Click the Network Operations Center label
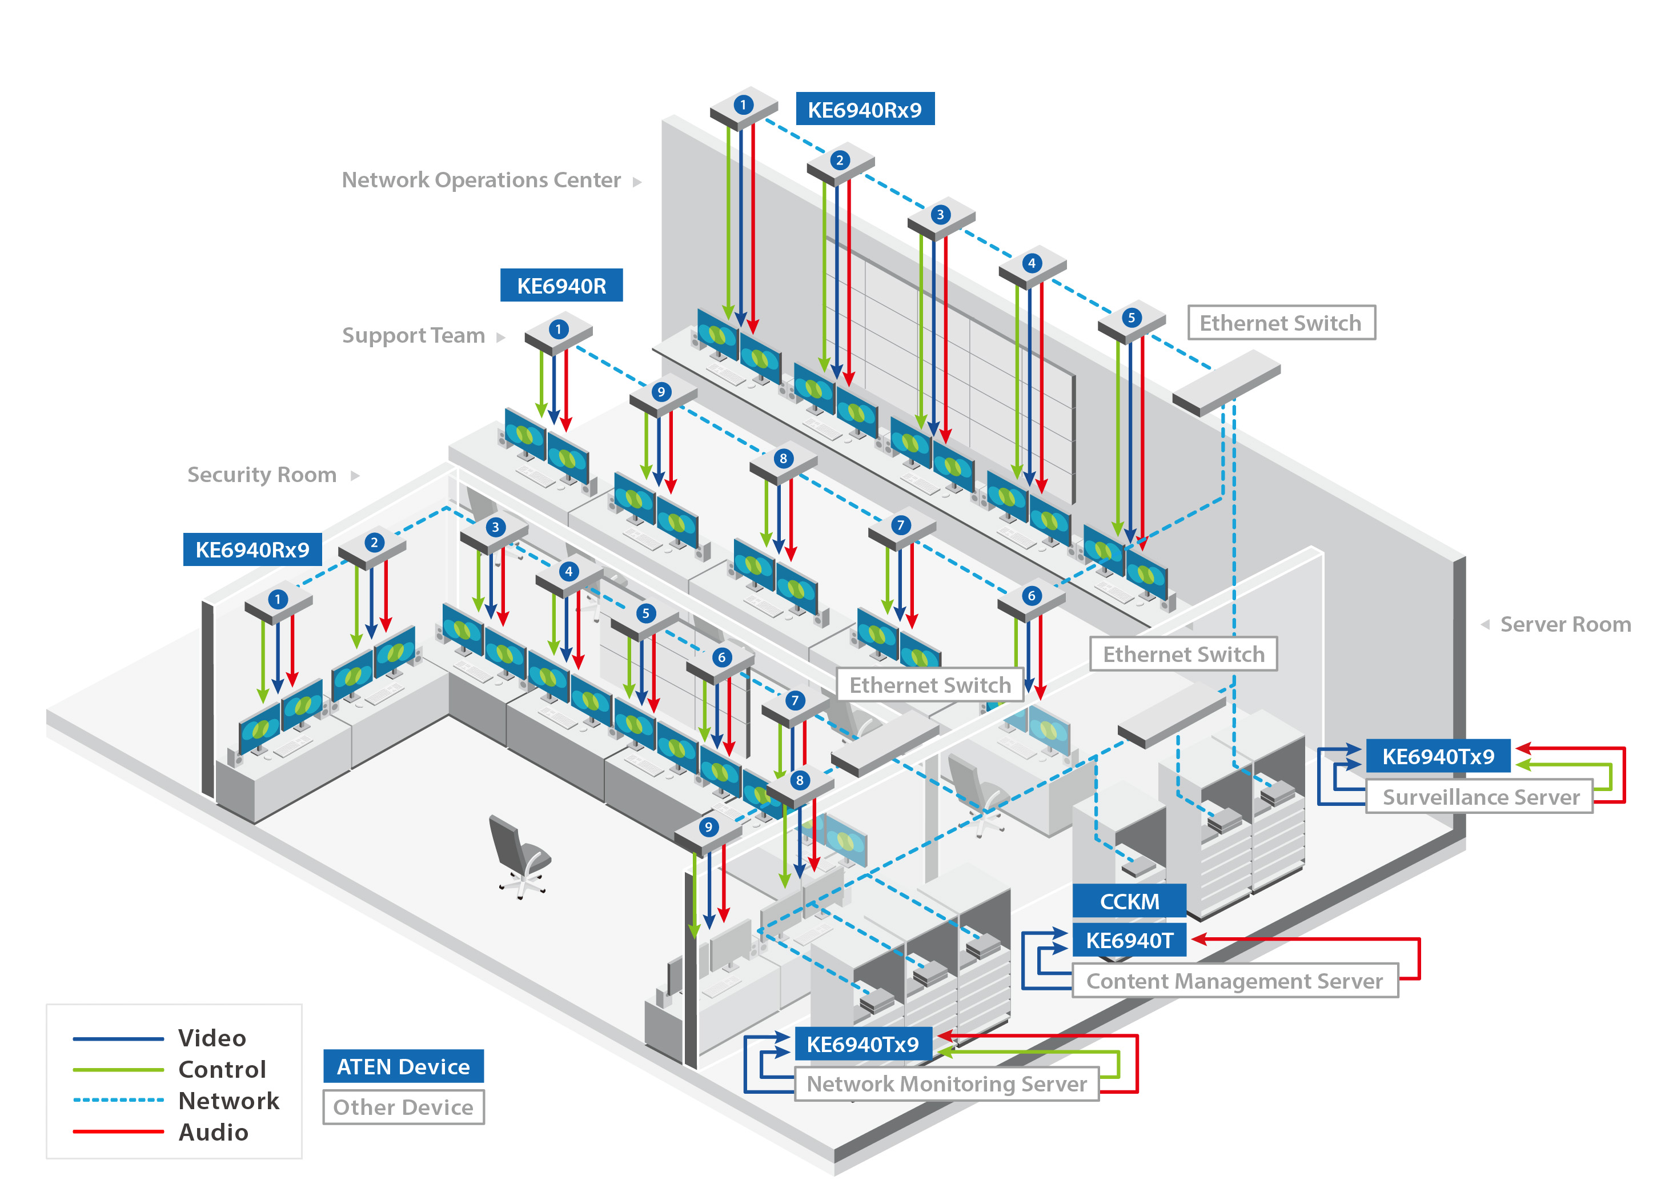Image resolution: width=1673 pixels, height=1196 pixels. click(480, 180)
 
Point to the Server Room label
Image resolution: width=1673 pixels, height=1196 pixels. click(1564, 624)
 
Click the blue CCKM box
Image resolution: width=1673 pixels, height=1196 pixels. click(1128, 901)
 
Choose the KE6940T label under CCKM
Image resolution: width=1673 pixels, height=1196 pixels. click(1128, 941)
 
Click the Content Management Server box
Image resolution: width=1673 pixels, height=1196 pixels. click(1234, 981)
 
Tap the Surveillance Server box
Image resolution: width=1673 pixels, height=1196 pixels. click(1479, 797)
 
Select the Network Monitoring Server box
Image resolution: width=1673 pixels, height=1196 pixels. click(946, 1084)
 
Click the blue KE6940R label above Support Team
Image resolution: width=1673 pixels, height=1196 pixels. click(561, 286)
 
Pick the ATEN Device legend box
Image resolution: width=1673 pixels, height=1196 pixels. click(403, 1066)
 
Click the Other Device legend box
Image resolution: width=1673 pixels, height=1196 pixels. click(403, 1107)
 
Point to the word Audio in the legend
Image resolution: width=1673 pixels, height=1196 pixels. click(214, 1132)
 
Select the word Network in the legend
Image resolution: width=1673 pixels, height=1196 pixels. click(228, 1100)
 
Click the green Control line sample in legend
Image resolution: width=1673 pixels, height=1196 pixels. click(118, 1069)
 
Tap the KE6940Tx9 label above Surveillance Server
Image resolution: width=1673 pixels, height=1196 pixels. click(1437, 756)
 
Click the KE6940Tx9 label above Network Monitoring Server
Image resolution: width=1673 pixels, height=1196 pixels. click(862, 1044)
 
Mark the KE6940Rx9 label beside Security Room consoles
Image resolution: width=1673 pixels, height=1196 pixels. click(252, 549)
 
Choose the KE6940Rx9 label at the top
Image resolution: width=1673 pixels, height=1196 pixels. click(864, 110)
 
